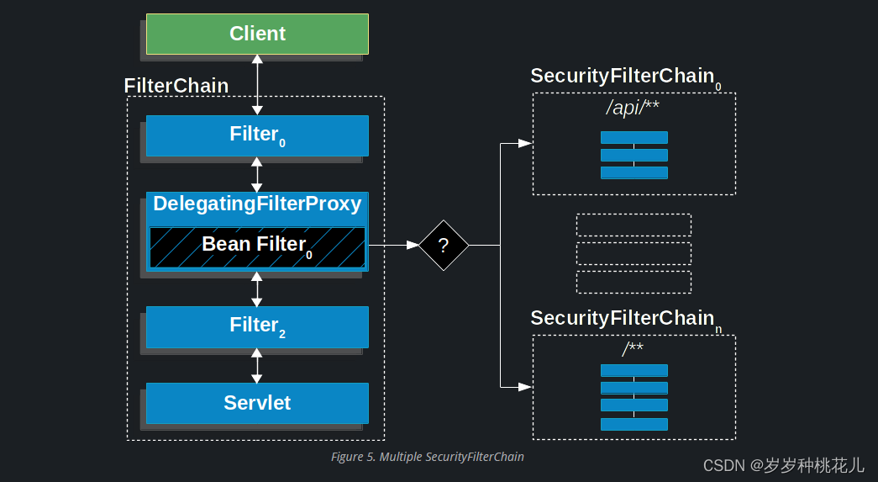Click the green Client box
tap(257, 34)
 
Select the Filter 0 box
tap(257, 135)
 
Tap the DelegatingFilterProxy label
tap(257, 204)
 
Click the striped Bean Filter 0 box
tap(257, 246)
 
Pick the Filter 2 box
tap(257, 326)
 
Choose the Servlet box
tap(257, 403)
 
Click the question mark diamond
tap(444, 246)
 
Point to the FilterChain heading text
tap(176, 86)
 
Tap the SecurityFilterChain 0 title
tap(623, 77)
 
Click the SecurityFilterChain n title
tap(623, 318)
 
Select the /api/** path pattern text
tap(634, 109)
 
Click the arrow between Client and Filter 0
tap(257, 85)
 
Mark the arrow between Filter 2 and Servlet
tap(257, 365)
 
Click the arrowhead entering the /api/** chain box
tap(524, 144)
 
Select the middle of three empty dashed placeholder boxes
tap(634, 253)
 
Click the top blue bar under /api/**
tap(634, 137)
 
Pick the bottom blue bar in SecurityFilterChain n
tap(634, 424)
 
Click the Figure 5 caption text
tap(428, 457)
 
